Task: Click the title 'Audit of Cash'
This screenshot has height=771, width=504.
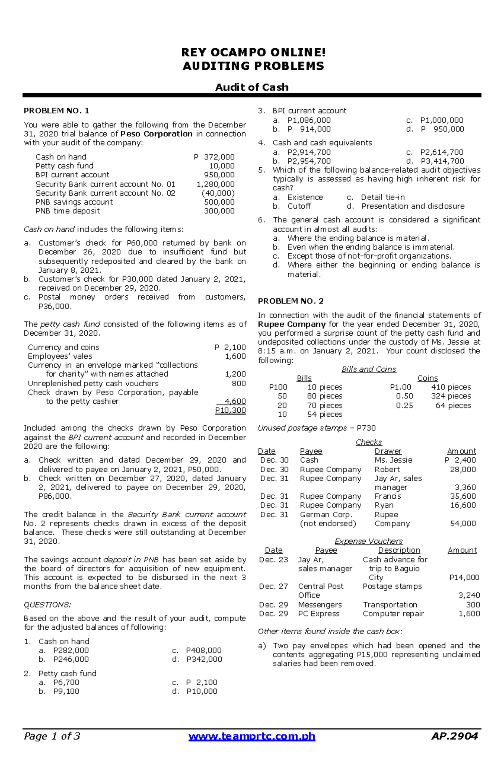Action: point(252,87)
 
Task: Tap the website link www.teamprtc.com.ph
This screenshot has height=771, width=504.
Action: point(252,736)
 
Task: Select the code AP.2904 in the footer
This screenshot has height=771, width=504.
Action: point(454,736)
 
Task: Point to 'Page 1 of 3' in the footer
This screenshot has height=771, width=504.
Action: point(52,736)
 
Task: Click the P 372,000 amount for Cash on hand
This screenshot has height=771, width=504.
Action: point(214,157)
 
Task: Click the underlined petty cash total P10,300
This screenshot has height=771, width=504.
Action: point(230,410)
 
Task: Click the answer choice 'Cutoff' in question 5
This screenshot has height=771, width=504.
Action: point(299,206)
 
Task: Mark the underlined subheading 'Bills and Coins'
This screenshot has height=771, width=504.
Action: point(369,369)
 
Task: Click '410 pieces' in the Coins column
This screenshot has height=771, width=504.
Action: point(451,387)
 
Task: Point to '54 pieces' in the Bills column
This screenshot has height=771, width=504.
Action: point(325,414)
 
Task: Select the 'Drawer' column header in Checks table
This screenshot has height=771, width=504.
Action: point(388,451)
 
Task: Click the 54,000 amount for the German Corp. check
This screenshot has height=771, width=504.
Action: point(463,523)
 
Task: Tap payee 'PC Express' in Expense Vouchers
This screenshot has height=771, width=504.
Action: point(318,613)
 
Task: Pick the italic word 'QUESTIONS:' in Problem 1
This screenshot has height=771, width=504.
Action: point(47,605)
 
